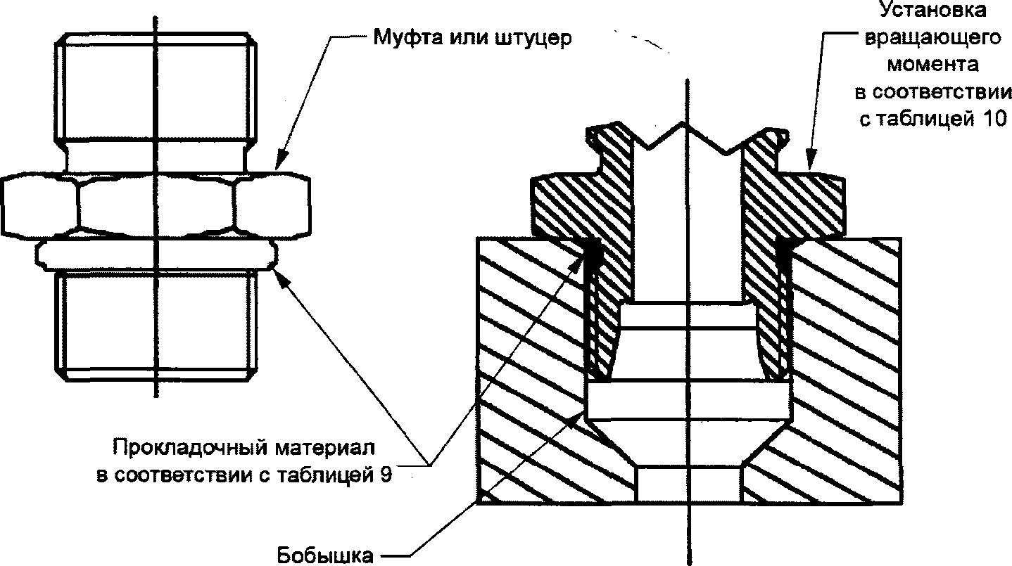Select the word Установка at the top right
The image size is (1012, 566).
point(933,9)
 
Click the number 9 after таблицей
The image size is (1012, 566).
point(386,475)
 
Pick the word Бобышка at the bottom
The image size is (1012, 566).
point(325,555)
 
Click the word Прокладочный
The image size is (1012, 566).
point(189,448)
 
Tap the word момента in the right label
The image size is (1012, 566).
point(933,65)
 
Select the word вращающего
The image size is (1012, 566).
point(933,38)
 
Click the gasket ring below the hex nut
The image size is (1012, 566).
point(156,255)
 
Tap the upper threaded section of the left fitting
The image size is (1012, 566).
point(156,86)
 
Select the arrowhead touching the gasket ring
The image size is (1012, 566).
point(282,280)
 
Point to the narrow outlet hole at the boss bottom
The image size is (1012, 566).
point(688,484)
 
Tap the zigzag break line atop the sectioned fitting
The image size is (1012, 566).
point(687,138)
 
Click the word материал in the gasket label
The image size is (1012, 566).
point(325,448)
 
